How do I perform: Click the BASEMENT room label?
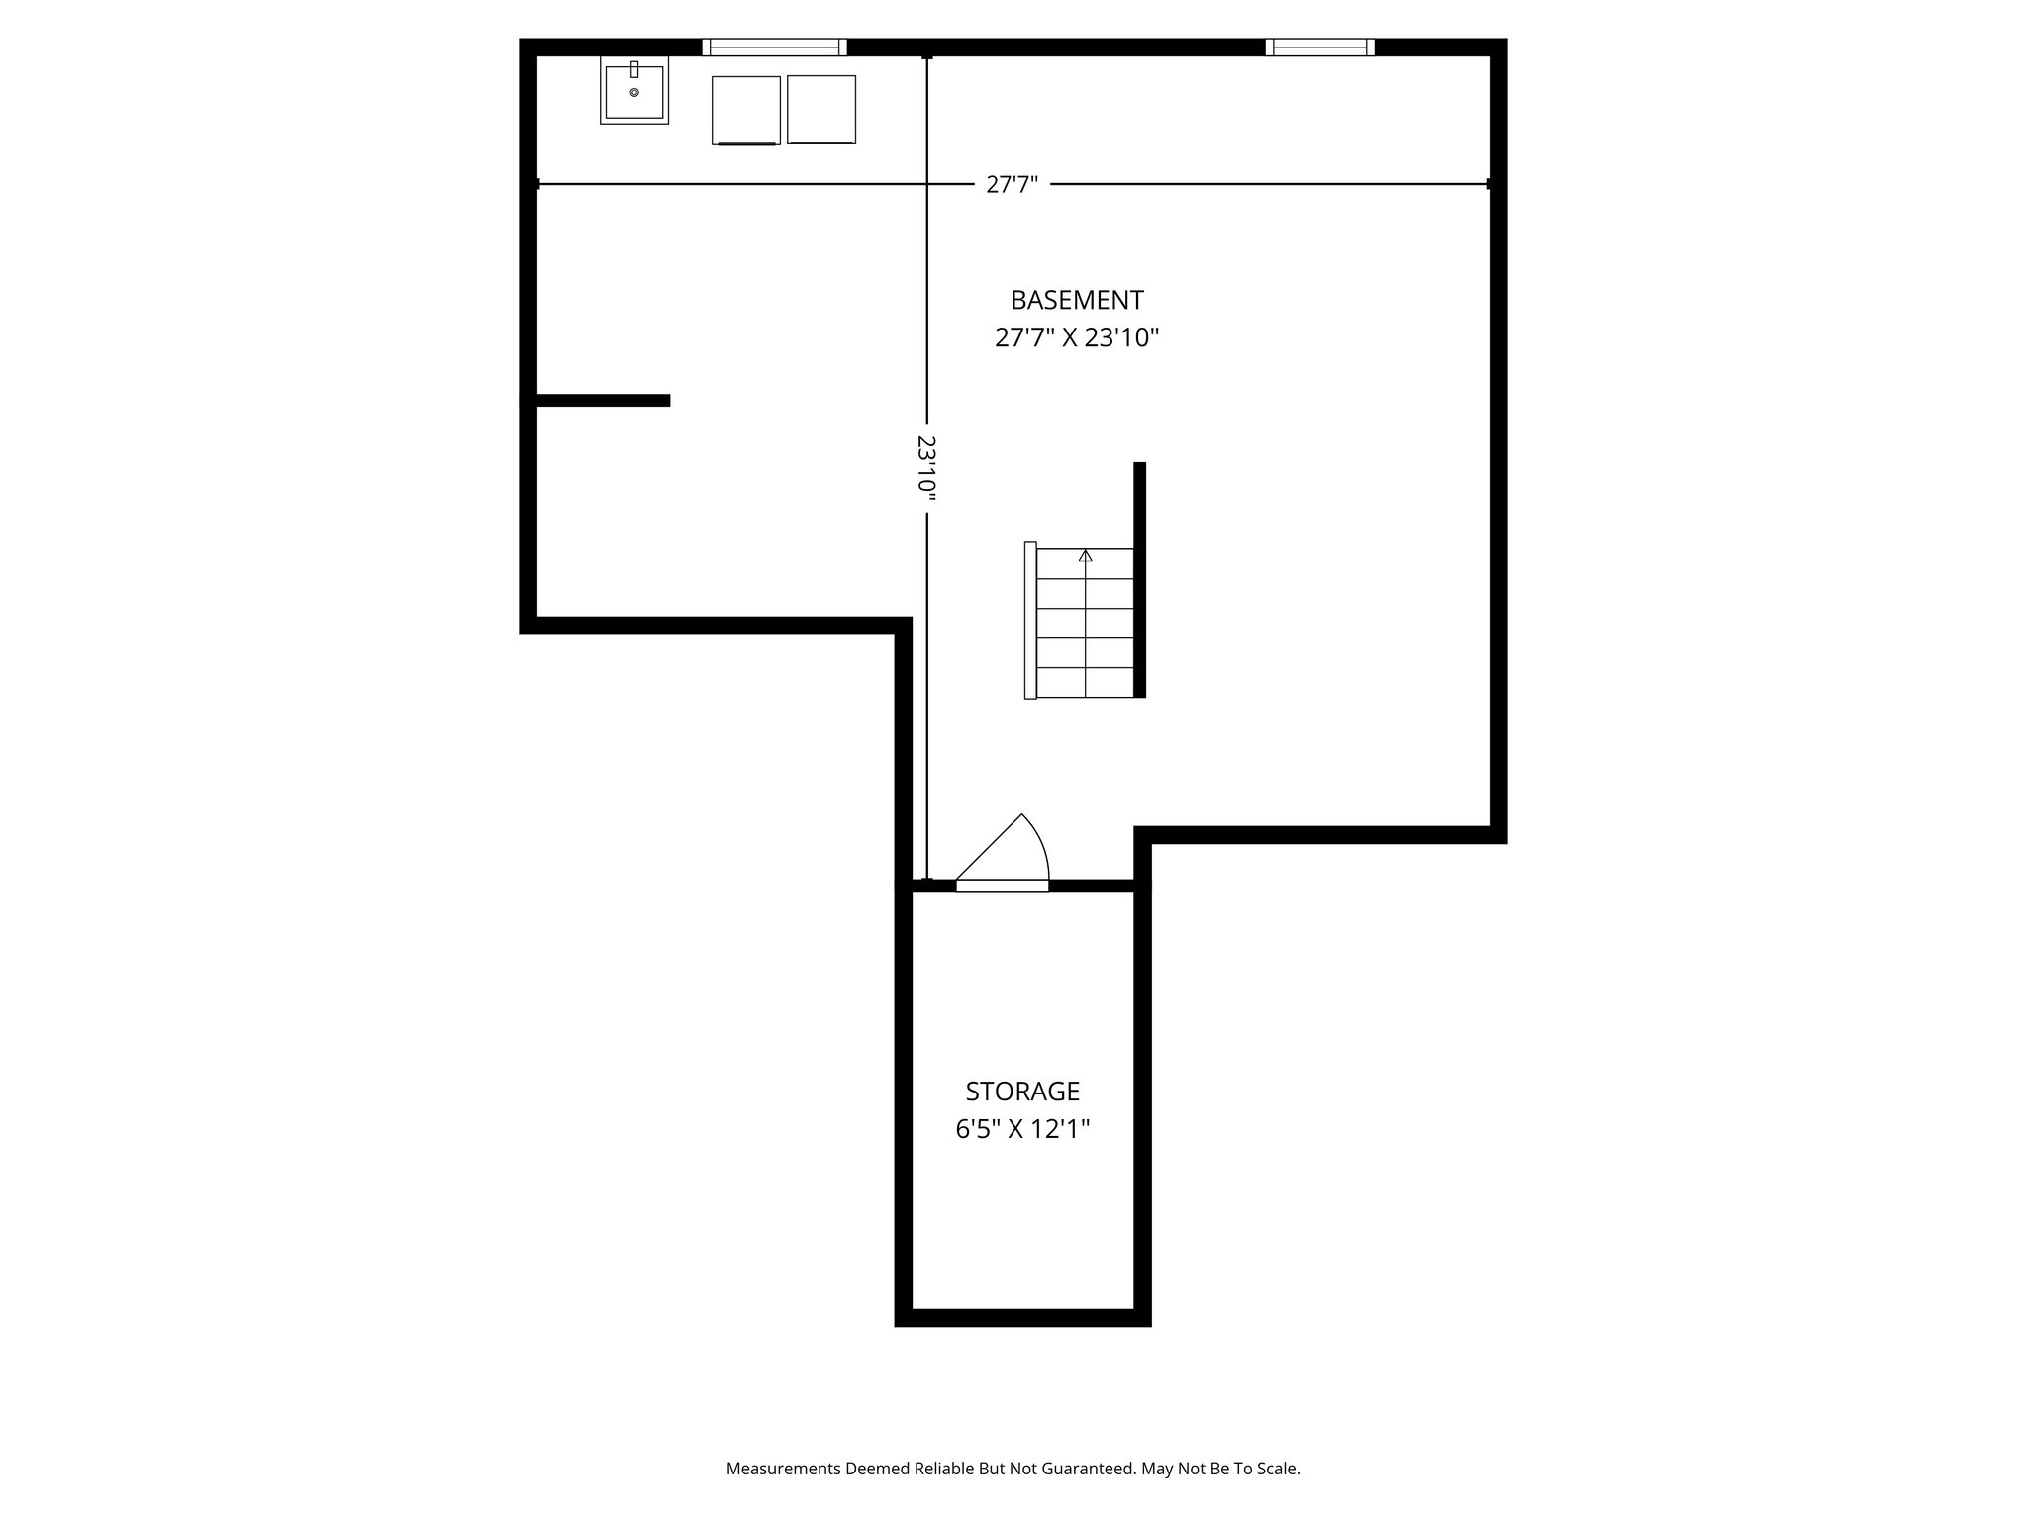coord(1076,300)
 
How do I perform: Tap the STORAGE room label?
coord(1021,1092)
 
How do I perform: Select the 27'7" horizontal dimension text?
coord(1012,185)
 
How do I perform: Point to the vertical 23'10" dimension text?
coord(926,470)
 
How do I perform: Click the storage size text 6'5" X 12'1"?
coord(1021,1130)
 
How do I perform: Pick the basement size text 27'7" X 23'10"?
coord(1076,338)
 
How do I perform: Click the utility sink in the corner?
coord(633,91)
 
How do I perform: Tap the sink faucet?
coord(634,69)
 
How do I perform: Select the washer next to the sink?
coord(745,110)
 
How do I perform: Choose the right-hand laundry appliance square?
coord(821,110)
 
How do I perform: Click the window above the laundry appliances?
coord(774,47)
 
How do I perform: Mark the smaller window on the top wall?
coord(1319,47)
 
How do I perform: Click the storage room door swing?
coord(1010,851)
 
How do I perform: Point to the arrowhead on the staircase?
coord(1086,556)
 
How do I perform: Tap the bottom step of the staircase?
coord(1085,682)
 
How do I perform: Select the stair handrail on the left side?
coord(1030,620)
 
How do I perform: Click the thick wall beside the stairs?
coord(1139,579)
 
